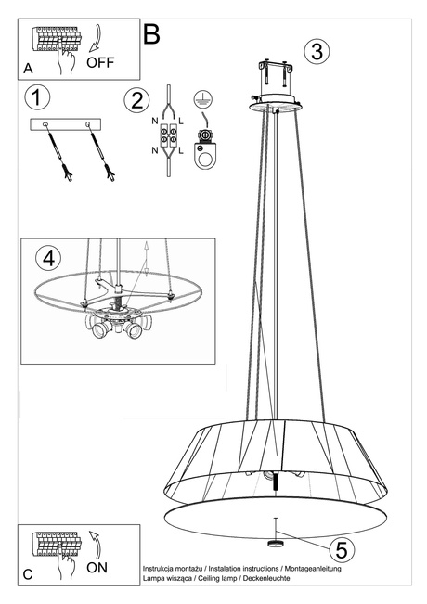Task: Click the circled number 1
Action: [38, 97]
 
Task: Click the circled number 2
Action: [136, 100]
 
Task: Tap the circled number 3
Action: [317, 51]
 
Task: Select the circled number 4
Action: [49, 257]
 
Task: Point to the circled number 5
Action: [341, 549]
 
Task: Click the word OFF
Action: [101, 63]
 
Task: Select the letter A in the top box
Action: [28, 69]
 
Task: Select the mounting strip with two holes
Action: [68, 124]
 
